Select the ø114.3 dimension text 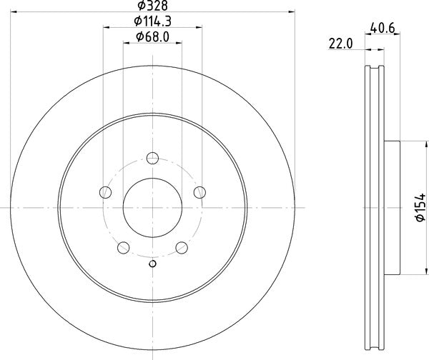[x=152, y=21]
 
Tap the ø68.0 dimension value [x=152, y=37]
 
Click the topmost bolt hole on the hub [x=152, y=159]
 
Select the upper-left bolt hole [x=105, y=191]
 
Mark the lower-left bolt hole [x=123, y=247]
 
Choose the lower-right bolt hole [x=182, y=247]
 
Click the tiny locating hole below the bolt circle [x=152, y=266]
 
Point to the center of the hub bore [x=152, y=207]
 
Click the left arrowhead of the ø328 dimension [x=14, y=11]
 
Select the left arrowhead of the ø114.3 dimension [x=107, y=28]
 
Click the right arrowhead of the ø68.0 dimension [x=179, y=44]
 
